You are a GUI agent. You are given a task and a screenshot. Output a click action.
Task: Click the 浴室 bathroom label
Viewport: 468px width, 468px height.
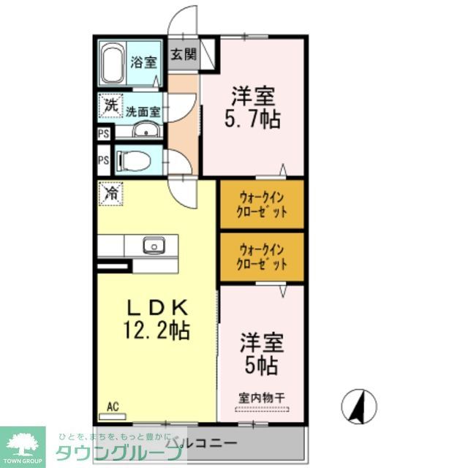(x=144, y=62)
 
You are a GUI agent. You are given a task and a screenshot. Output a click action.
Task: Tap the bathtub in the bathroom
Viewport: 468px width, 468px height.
(x=113, y=64)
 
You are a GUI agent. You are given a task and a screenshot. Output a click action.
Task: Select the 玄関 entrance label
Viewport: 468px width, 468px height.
(x=184, y=54)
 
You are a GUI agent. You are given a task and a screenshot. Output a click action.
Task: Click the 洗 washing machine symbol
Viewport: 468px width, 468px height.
(x=109, y=105)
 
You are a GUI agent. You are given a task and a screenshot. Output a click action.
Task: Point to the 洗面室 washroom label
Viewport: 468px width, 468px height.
(x=140, y=112)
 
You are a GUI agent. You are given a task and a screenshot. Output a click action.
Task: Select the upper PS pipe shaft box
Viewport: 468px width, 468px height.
(x=103, y=134)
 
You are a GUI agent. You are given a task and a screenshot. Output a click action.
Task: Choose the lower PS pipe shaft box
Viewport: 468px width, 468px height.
(x=103, y=160)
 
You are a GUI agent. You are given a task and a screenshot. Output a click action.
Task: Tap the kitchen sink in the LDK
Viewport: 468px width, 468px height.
(x=154, y=245)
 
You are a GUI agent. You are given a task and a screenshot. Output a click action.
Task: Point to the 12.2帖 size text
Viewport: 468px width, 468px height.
(x=156, y=331)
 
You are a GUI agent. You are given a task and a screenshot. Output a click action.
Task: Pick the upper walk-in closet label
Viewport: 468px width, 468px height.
(x=261, y=203)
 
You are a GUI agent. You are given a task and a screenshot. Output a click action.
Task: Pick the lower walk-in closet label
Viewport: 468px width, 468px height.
(x=261, y=257)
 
